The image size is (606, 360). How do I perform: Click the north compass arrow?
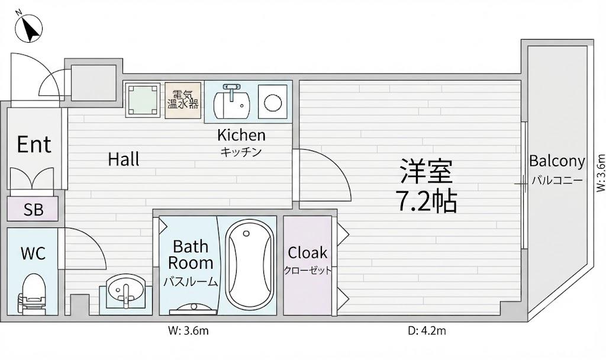[x=28, y=28]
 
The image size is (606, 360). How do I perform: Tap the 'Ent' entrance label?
[x=34, y=144]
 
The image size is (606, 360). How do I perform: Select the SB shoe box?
[x=33, y=209]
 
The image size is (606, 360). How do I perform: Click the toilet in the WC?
[x=32, y=292]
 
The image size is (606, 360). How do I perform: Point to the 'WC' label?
[x=33, y=253]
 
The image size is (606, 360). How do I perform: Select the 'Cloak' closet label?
[x=307, y=253]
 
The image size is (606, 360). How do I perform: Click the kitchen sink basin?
[x=232, y=104]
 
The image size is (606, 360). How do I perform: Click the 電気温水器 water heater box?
[x=183, y=100]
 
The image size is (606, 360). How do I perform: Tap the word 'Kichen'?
[x=241, y=135]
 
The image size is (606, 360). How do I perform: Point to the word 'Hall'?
[x=124, y=159]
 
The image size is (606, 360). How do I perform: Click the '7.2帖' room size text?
[x=428, y=201]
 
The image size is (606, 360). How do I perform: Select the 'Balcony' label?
[x=557, y=161]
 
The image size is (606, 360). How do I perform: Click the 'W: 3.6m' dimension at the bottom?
[x=188, y=331]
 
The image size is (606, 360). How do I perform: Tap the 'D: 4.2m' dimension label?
[x=427, y=331]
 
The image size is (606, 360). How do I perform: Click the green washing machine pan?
[x=143, y=99]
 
